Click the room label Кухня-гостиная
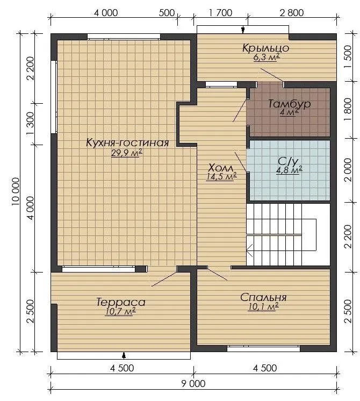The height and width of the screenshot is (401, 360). [x=127, y=142]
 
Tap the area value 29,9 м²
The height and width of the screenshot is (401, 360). [x=127, y=153]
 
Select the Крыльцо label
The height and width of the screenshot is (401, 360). [x=265, y=48]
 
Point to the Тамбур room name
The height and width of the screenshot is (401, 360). [x=290, y=104]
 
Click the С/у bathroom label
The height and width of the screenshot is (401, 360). [x=288, y=161]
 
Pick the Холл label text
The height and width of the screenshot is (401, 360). [x=221, y=168]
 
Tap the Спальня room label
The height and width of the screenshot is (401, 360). [x=263, y=297]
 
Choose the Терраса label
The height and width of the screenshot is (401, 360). [x=121, y=302]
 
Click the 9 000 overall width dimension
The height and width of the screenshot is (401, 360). [x=193, y=384]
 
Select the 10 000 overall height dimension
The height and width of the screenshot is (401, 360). [x=16, y=191]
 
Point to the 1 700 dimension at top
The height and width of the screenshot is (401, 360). [x=220, y=12]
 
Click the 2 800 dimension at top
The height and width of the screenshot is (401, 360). [x=291, y=12]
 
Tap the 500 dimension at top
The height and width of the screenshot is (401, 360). [x=167, y=12]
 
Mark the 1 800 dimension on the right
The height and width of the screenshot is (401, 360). [x=348, y=110]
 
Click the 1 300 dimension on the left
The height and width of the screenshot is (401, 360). [x=30, y=124]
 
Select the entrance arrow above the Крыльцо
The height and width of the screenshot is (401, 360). [x=243, y=30]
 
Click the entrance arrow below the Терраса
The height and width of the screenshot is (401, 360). [x=124, y=355]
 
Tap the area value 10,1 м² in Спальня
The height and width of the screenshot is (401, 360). [x=263, y=306]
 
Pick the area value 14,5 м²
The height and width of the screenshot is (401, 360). [x=221, y=176]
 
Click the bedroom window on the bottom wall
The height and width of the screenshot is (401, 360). [x=263, y=348]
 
